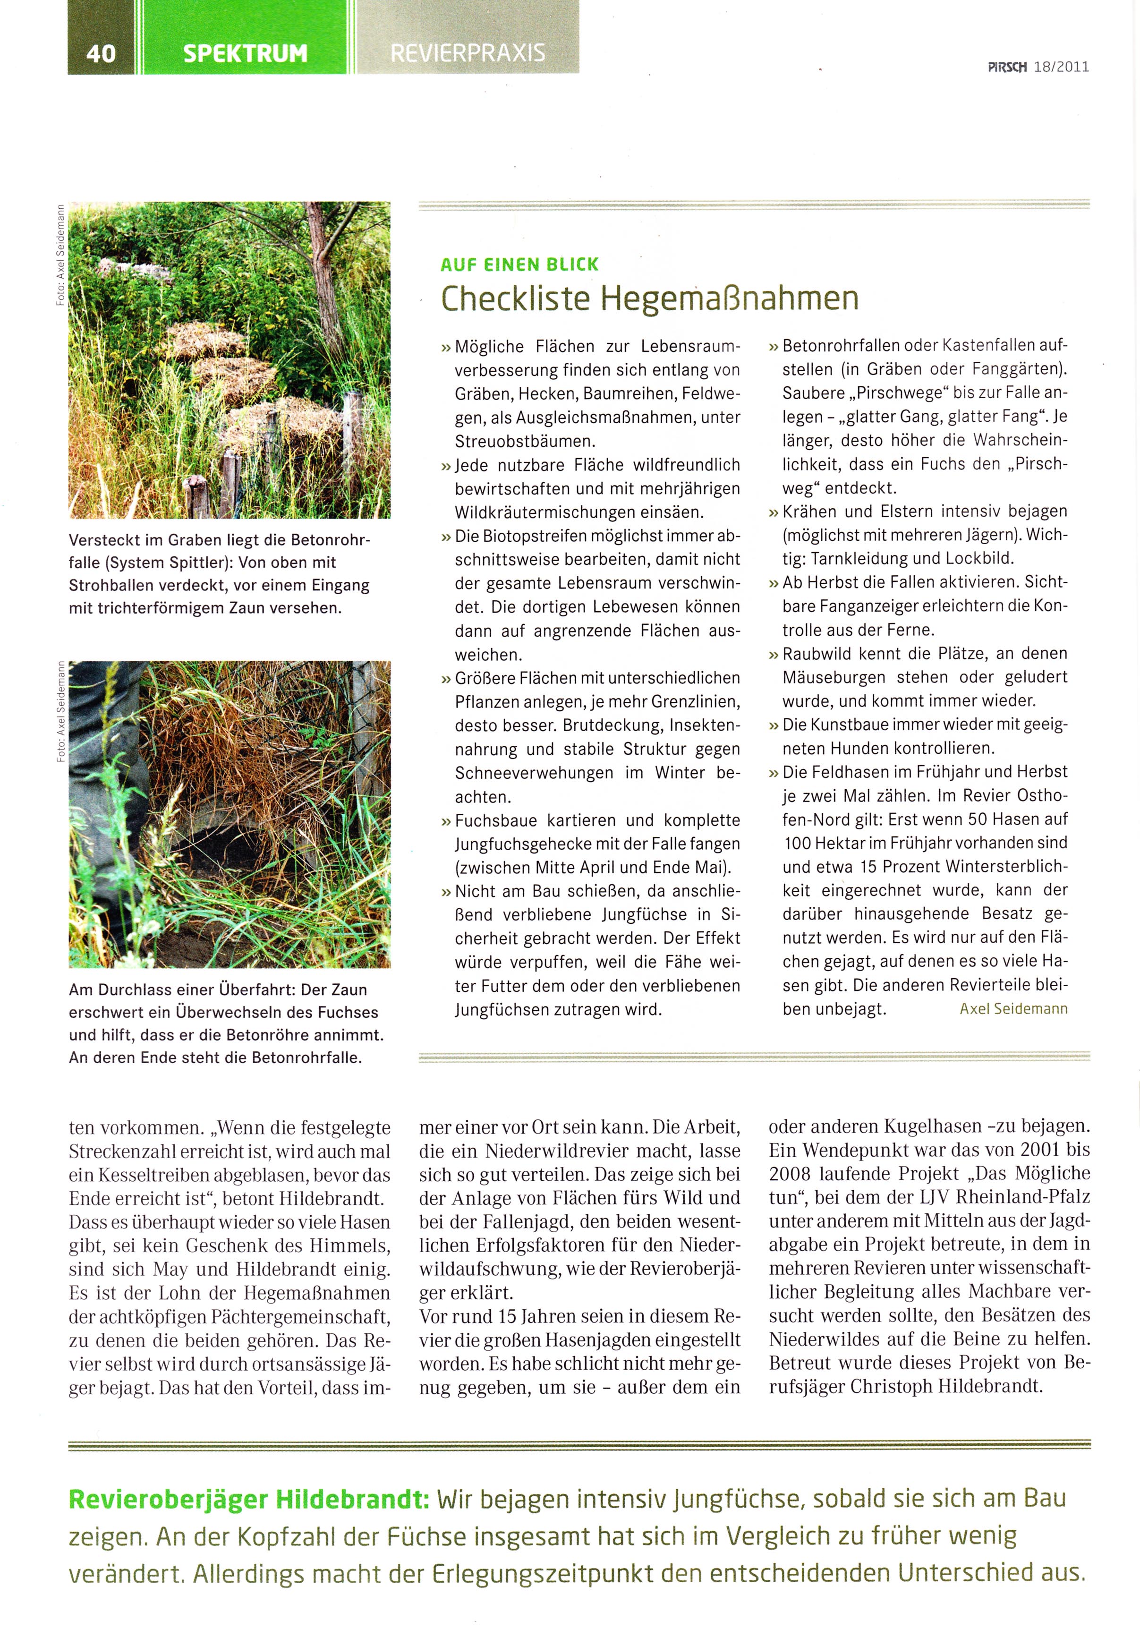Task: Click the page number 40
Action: (100, 53)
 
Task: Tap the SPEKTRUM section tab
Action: (245, 53)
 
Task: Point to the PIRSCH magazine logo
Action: (1007, 67)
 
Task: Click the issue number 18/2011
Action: (1061, 67)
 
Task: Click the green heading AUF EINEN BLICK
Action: (519, 264)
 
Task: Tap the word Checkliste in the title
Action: (514, 298)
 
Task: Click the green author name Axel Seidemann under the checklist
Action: (1013, 1009)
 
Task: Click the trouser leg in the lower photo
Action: (107, 786)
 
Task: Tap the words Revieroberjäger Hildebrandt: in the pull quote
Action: (248, 1500)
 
